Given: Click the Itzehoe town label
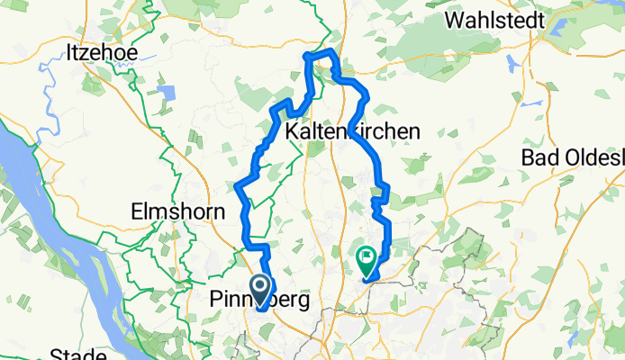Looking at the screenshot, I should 102,52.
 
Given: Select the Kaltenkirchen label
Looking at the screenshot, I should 352,131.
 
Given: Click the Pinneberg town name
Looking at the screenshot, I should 259,299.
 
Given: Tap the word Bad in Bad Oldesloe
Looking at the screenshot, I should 540,157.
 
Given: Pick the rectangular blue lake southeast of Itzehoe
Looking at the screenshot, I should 167,92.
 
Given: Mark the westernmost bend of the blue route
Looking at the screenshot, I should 239,186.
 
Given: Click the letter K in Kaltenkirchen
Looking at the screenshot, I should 290,131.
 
